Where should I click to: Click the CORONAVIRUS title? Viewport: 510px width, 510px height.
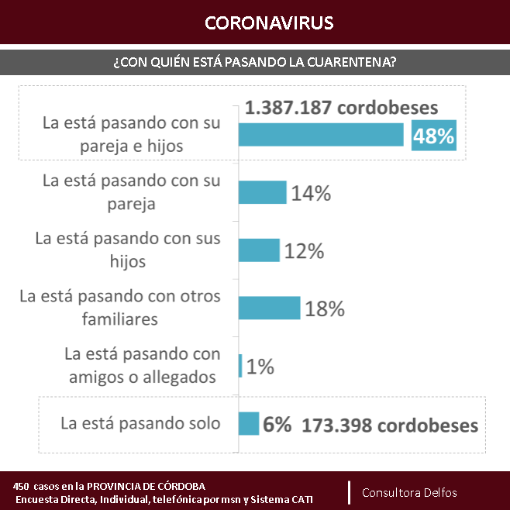(x=269, y=22)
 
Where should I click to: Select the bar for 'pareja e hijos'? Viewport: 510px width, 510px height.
(x=321, y=135)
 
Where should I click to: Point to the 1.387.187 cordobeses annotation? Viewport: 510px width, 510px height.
(x=342, y=108)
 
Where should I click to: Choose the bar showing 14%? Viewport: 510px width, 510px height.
(x=262, y=193)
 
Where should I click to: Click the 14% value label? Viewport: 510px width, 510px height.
(x=311, y=193)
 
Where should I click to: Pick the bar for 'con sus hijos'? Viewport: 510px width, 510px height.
(x=259, y=250)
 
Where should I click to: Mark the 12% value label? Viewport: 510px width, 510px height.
(x=303, y=250)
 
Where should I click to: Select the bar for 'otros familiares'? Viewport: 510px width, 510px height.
(x=269, y=308)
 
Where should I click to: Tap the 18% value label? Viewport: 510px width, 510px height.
(x=324, y=308)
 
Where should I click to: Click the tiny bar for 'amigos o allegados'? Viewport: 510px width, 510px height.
(x=241, y=366)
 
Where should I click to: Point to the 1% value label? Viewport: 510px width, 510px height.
(x=261, y=366)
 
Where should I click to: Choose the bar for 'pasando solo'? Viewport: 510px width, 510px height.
(x=249, y=423)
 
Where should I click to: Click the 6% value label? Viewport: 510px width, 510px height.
(x=277, y=425)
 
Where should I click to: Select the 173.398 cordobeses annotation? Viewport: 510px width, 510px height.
(x=390, y=426)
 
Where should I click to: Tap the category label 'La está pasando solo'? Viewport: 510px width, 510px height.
(x=140, y=423)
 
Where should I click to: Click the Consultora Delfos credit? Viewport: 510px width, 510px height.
(x=409, y=492)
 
